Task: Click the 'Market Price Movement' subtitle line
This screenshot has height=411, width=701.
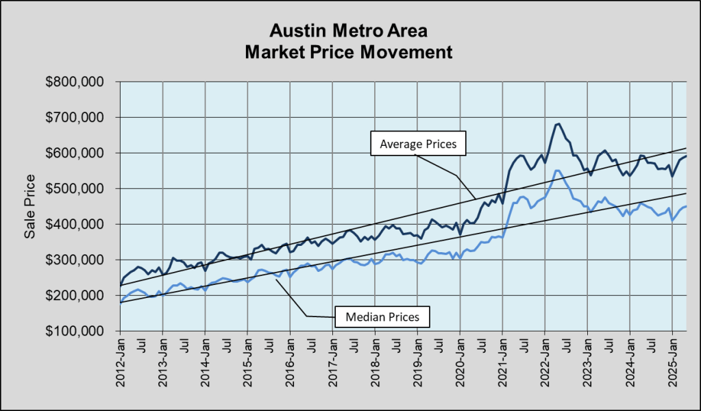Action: pos(350,52)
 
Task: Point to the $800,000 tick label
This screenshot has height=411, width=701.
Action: pos(75,82)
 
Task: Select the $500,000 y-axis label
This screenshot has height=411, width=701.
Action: pos(75,189)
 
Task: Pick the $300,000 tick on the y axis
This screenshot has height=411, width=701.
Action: pos(75,260)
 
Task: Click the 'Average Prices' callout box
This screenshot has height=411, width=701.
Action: pos(417,145)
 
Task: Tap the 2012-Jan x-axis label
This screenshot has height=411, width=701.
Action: pos(121,362)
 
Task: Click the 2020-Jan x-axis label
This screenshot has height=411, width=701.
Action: pos(460,362)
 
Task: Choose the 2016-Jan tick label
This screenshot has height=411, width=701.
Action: pos(291,362)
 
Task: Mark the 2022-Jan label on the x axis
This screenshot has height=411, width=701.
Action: pos(545,362)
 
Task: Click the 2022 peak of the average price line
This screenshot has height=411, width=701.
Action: pos(559,124)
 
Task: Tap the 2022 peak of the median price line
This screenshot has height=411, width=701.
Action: pos(557,170)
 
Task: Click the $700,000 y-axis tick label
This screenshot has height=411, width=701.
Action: pos(75,118)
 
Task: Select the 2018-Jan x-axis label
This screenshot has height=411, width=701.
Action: pos(376,362)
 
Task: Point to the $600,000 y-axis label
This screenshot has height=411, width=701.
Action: pos(75,153)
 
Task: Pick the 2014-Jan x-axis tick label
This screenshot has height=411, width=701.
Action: pos(206,362)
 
